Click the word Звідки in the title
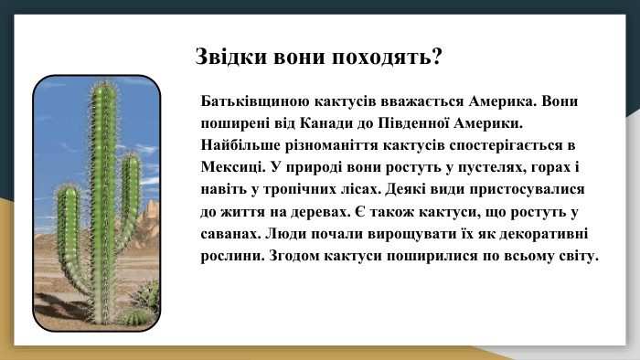[x=225, y=58]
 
